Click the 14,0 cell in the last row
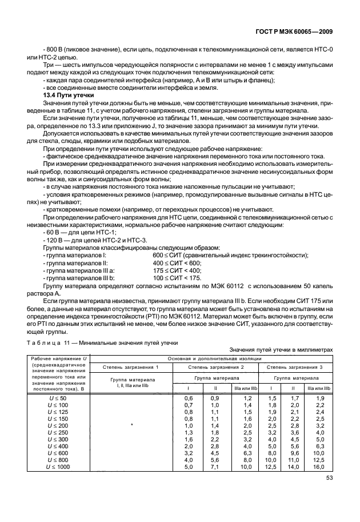click(295, 467)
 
